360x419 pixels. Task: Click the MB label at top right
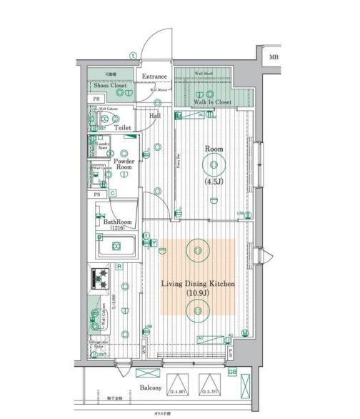[x=274, y=56]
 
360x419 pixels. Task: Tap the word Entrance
[x=154, y=77]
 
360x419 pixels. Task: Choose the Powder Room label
[x=124, y=166]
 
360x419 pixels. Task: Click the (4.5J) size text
[x=214, y=181]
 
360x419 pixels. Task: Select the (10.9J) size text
[x=196, y=294]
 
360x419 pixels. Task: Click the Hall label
[x=155, y=117]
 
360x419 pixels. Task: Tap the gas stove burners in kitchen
[x=99, y=276]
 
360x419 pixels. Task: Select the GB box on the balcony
[x=232, y=372]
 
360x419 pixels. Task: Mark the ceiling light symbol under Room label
[x=214, y=167]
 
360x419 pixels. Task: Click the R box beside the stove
[x=119, y=267]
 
